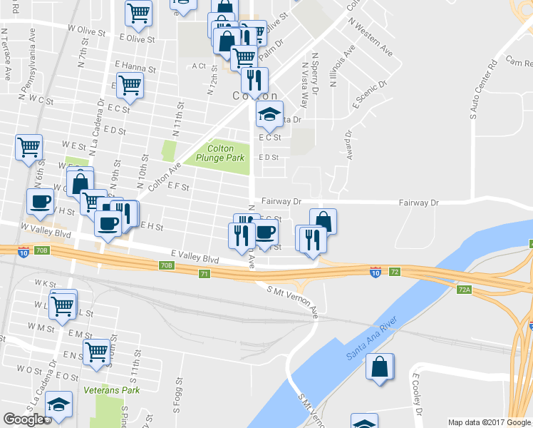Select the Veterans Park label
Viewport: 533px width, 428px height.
click(112, 390)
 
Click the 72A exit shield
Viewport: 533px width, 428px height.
click(465, 290)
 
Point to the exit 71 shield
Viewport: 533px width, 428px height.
click(205, 274)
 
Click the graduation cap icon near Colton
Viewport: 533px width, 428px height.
click(270, 114)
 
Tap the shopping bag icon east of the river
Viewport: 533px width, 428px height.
click(380, 367)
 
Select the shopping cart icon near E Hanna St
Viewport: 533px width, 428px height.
click(130, 85)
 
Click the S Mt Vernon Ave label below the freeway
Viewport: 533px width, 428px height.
click(292, 300)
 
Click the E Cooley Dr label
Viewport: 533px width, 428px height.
click(418, 398)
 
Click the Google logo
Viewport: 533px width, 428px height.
click(24, 419)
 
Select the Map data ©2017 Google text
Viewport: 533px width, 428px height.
click(490, 422)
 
